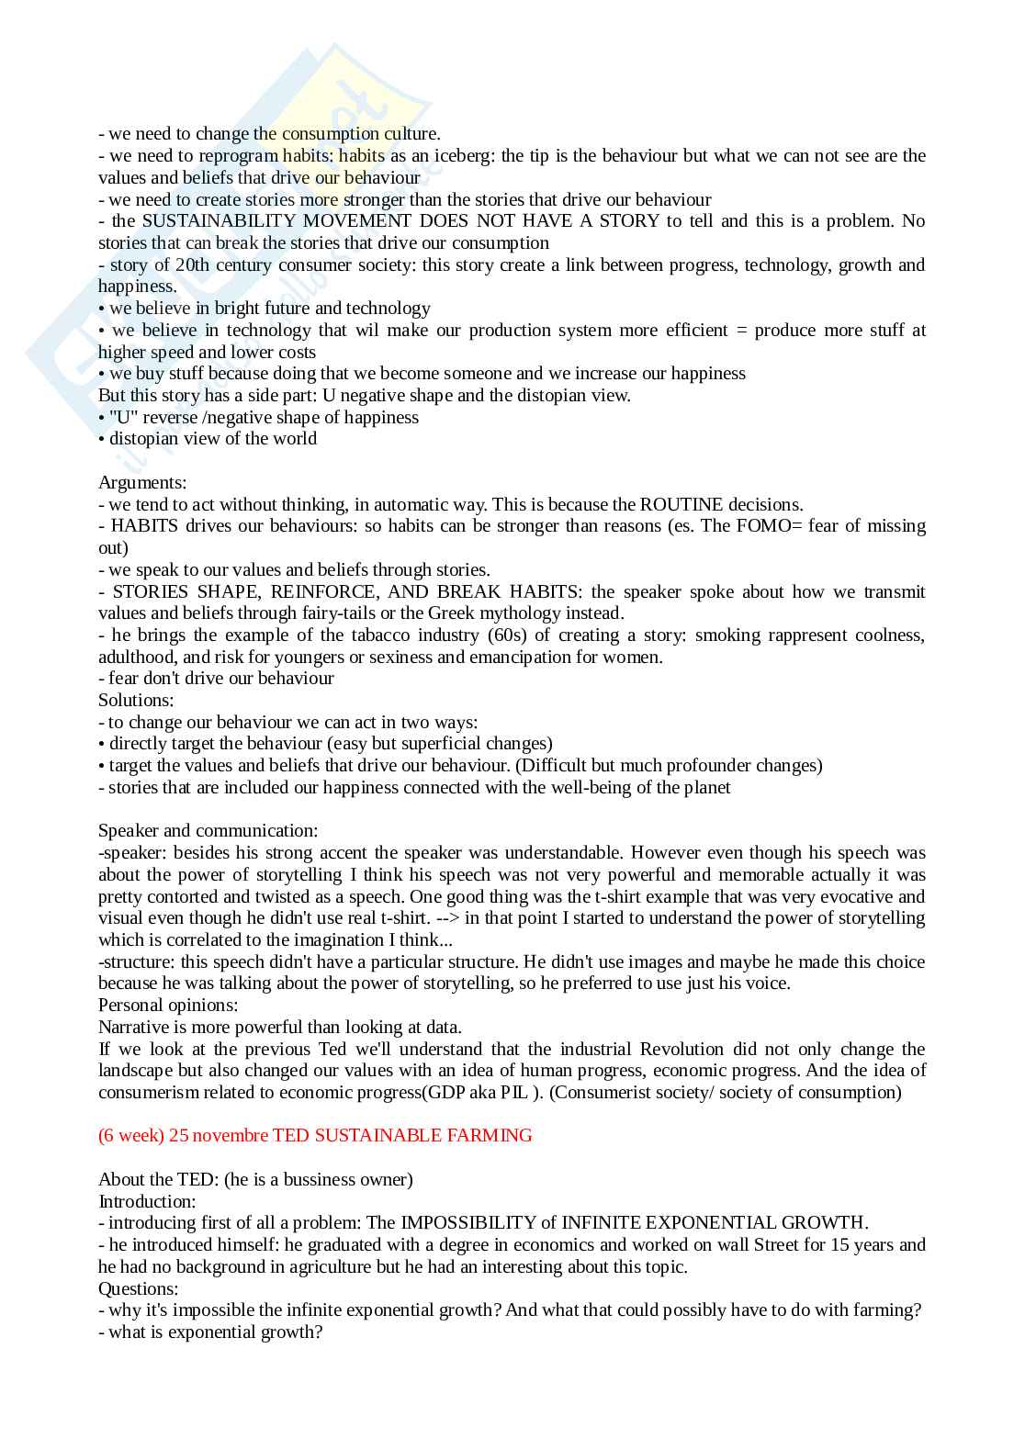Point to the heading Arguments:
142,482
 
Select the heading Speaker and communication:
208,830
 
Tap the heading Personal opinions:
168,1005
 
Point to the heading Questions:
139,1288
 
